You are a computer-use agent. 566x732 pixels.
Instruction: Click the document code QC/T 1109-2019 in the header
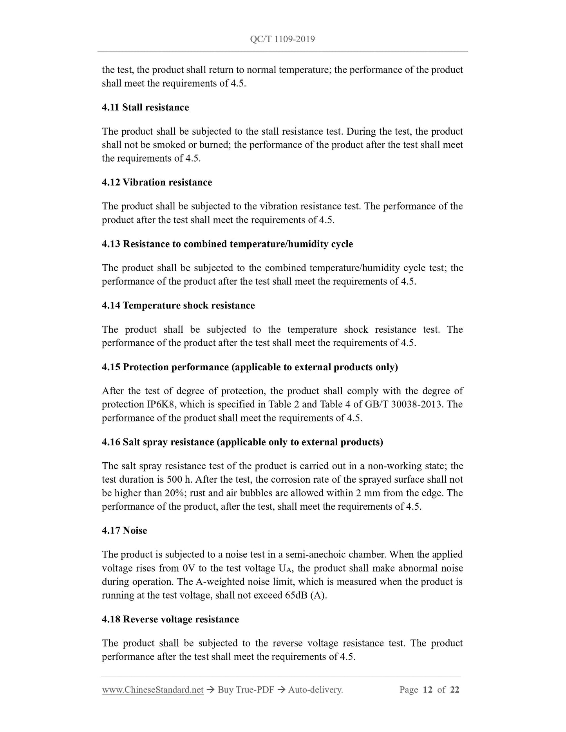click(x=282, y=39)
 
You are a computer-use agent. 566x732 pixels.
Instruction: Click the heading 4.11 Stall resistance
click(x=145, y=107)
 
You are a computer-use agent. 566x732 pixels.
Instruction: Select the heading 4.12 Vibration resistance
click(x=157, y=182)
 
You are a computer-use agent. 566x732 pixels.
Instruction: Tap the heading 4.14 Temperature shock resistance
click(x=178, y=305)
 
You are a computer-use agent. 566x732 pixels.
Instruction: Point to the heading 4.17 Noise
click(x=124, y=530)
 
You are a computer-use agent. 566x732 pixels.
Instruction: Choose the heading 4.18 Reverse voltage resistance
click(x=170, y=619)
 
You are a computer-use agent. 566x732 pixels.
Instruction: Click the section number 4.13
click(x=110, y=244)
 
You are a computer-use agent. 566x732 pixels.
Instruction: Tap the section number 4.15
click(x=110, y=367)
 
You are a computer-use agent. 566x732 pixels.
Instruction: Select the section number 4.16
click(x=110, y=442)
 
